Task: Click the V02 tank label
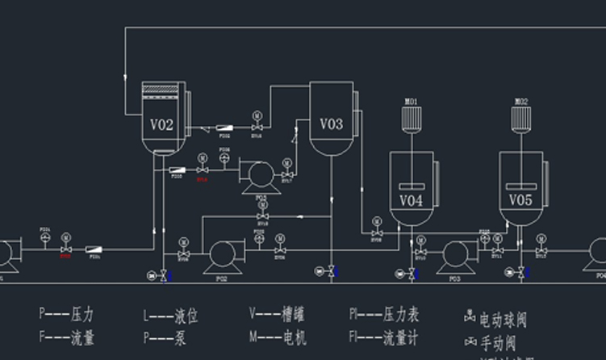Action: (161, 124)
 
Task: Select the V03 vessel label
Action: (331, 123)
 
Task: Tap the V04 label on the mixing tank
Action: (411, 199)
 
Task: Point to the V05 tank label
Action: (520, 199)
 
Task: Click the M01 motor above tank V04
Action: (411, 119)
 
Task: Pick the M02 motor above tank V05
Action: (521, 119)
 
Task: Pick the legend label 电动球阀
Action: (503, 320)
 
